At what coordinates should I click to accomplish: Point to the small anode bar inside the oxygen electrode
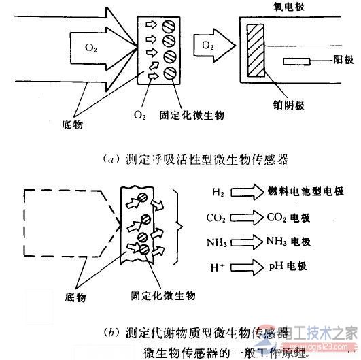(x=295, y=63)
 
